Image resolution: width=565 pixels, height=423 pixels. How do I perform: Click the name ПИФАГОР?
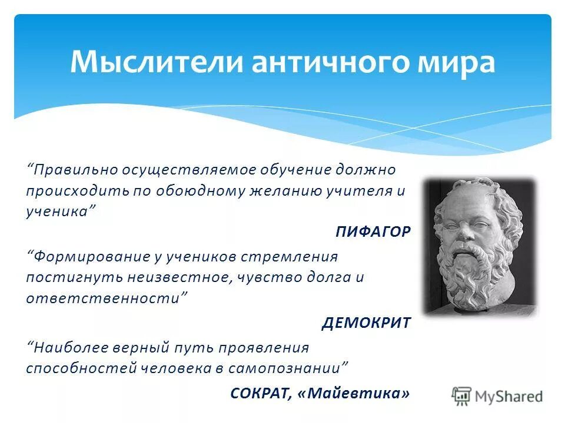click(373, 231)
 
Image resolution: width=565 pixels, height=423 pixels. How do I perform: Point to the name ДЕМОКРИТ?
click(366, 323)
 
